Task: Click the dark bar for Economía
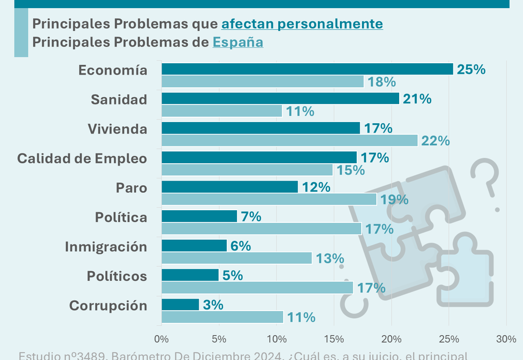click(x=307, y=69)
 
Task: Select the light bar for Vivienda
click(x=289, y=141)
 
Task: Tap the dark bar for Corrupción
click(x=180, y=305)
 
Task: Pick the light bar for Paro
click(x=268, y=199)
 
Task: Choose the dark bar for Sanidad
click(x=280, y=99)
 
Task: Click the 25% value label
click(x=471, y=69)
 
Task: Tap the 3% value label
click(x=213, y=305)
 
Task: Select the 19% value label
click(x=395, y=200)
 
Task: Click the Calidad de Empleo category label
click(x=82, y=158)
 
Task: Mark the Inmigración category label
click(x=106, y=246)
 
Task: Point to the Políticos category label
click(x=117, y=275)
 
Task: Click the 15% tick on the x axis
click(x=334, y=339)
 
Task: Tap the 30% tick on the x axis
click(x=506, y=339)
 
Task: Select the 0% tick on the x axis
click(x=162, y=339)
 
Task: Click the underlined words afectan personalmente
click(x=302, y=24)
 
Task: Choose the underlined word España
click(x=238, y=42)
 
